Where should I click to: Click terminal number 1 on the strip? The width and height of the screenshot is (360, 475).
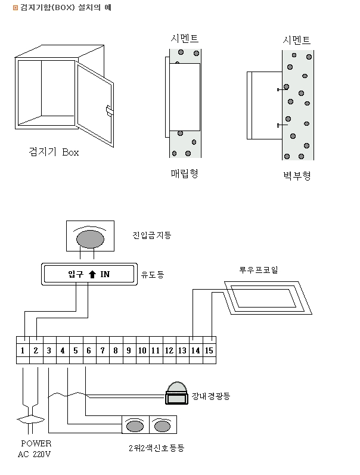pos(22,350)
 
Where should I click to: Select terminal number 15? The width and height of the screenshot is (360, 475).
pos(209,350)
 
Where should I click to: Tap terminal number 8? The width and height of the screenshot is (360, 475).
pos(116,350)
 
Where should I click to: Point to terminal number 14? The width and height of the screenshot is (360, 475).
pos(195,350)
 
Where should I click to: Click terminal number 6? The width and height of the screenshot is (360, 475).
pos(89,350)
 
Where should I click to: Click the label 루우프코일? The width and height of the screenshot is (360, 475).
pos(258,270)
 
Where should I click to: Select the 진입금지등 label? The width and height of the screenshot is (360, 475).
pos(152,236)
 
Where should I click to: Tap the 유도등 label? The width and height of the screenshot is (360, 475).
pos(152,275)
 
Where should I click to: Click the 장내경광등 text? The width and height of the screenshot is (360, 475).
pos(211,396)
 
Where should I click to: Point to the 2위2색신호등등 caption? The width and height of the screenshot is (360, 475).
pos(156,448)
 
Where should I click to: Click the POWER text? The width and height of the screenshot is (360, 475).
pos(36,443)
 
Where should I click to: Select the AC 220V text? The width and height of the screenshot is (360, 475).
pos(35,454)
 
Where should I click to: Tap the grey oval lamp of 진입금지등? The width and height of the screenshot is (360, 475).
pos(91,238)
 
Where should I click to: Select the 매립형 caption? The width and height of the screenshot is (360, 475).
pos(185,173)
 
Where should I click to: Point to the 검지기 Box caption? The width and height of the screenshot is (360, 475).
pos(54,152)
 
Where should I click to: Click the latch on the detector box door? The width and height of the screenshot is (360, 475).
pos(109,110)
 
